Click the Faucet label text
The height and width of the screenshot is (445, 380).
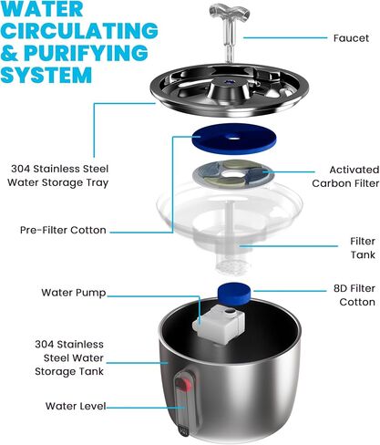[351, 38]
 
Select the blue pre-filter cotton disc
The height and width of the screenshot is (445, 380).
[234, 139]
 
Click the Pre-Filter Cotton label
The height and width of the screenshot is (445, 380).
[63, 230]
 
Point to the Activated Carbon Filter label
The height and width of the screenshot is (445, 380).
[345, 177]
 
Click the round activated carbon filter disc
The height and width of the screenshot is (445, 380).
[233, 174]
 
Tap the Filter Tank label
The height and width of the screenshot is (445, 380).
[363, 248]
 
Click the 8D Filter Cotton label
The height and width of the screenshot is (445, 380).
[354, 295]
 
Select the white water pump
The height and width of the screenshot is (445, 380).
[219, 324]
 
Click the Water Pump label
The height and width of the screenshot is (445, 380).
[74, 293]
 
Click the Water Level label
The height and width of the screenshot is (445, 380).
[76, 406]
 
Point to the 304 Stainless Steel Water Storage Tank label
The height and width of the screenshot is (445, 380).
[69, 357]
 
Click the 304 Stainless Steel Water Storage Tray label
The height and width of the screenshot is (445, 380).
[58, 176]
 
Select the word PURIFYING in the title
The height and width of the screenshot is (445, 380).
[86, 53]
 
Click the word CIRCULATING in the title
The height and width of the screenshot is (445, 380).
[79, 30]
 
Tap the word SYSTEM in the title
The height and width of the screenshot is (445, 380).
[46, 75]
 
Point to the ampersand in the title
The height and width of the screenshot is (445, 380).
[10, 53]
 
